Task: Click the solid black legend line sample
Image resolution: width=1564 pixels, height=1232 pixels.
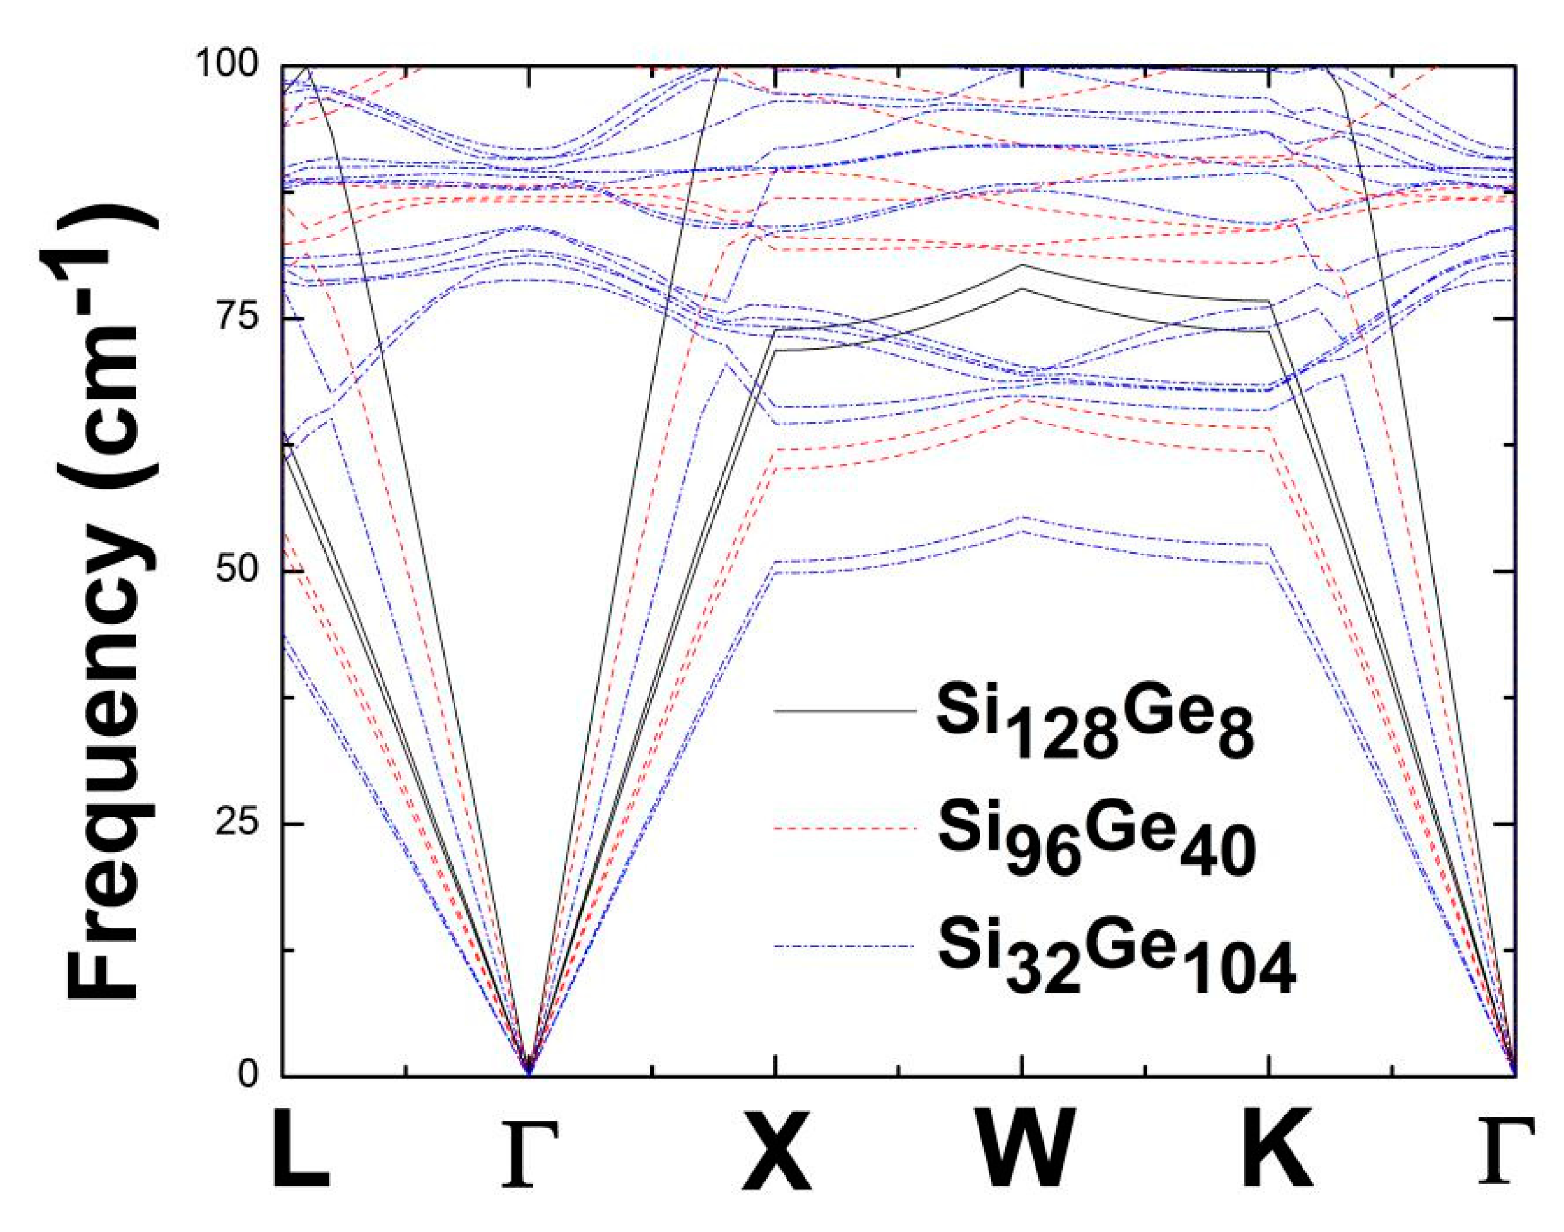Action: [844, 711]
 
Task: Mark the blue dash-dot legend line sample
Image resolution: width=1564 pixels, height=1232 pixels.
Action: [844, 946]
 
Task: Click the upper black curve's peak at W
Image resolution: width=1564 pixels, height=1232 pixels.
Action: [1022, 265]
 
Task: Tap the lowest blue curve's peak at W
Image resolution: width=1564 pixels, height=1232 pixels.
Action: [1022, 532]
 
